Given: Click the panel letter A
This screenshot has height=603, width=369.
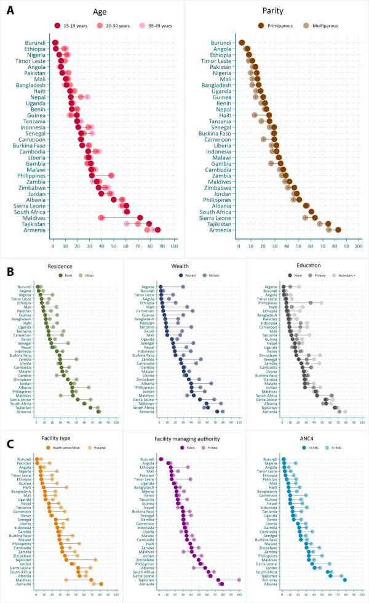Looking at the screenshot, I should pos(10,10).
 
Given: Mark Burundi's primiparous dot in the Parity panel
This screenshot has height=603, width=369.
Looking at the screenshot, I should pos(242,42).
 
